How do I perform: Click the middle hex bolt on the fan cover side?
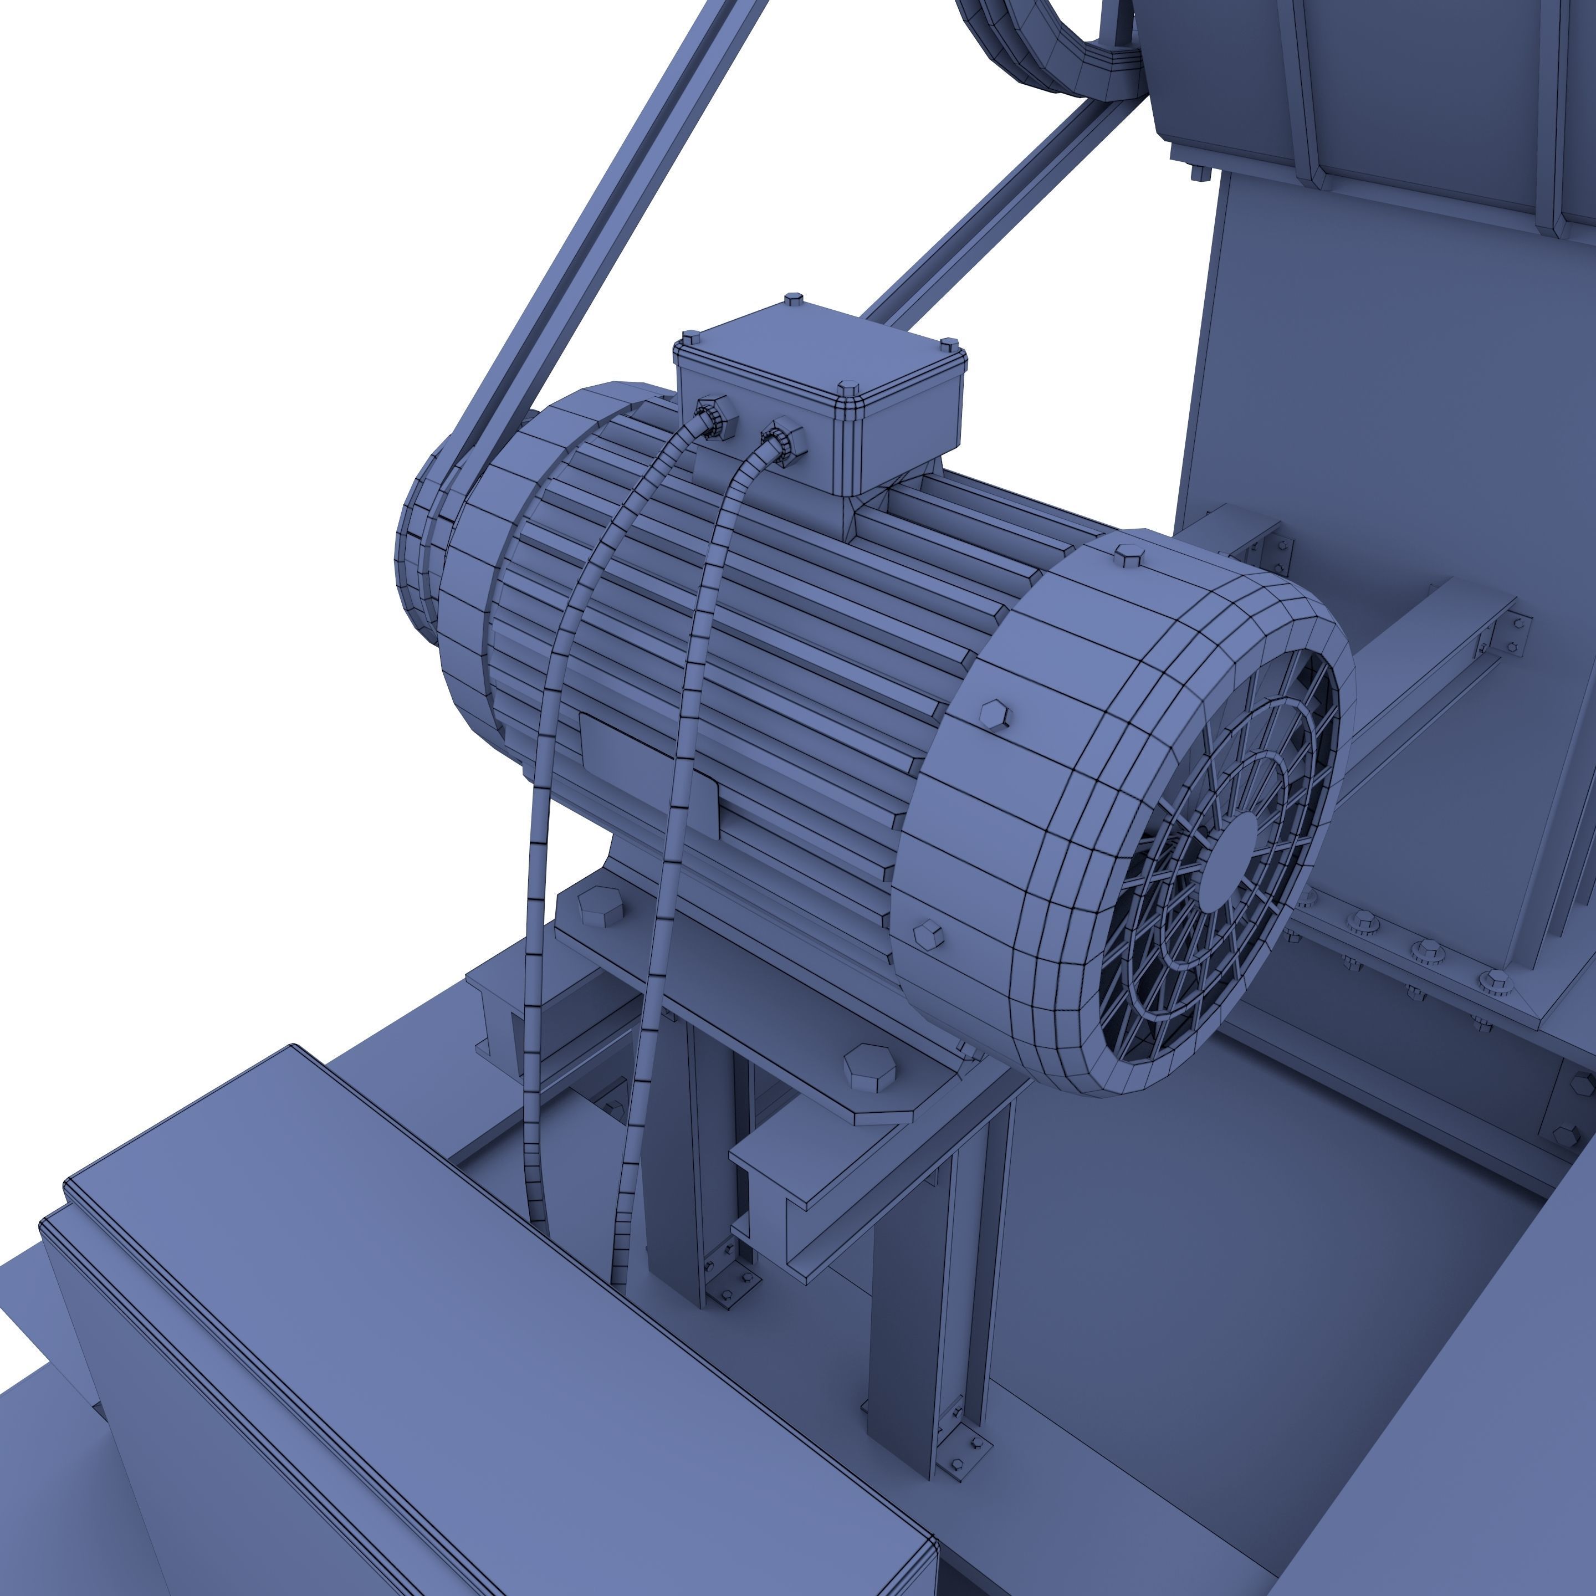pos(995,714)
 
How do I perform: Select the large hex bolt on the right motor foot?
pos(869,1066)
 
